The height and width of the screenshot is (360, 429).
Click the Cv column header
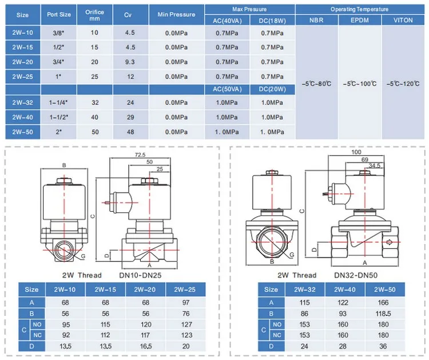point(128,15)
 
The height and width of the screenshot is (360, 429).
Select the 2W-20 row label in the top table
point(23,62)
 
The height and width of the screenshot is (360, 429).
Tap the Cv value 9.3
point(130,62)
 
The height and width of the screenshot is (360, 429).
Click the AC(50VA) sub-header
point(227,89)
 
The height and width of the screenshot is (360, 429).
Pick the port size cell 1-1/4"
point(58,102)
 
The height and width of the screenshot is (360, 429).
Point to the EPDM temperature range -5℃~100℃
point(360,84)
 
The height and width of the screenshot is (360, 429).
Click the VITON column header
point(403,20)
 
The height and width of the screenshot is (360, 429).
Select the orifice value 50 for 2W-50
point(95,132)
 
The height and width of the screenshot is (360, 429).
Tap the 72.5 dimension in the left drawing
point(140,155)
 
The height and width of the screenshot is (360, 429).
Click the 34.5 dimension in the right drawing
point(374,165)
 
